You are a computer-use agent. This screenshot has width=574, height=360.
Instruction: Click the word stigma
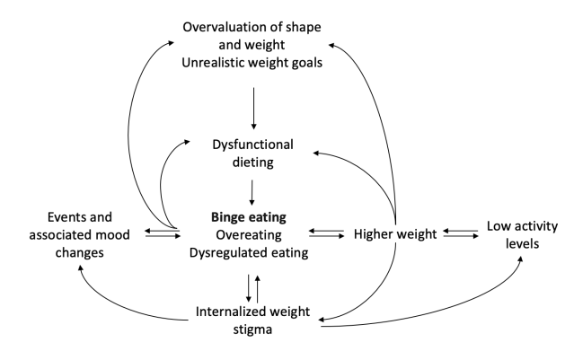[254, 330]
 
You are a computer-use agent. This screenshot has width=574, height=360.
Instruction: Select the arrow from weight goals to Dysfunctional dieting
[255, 106]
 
